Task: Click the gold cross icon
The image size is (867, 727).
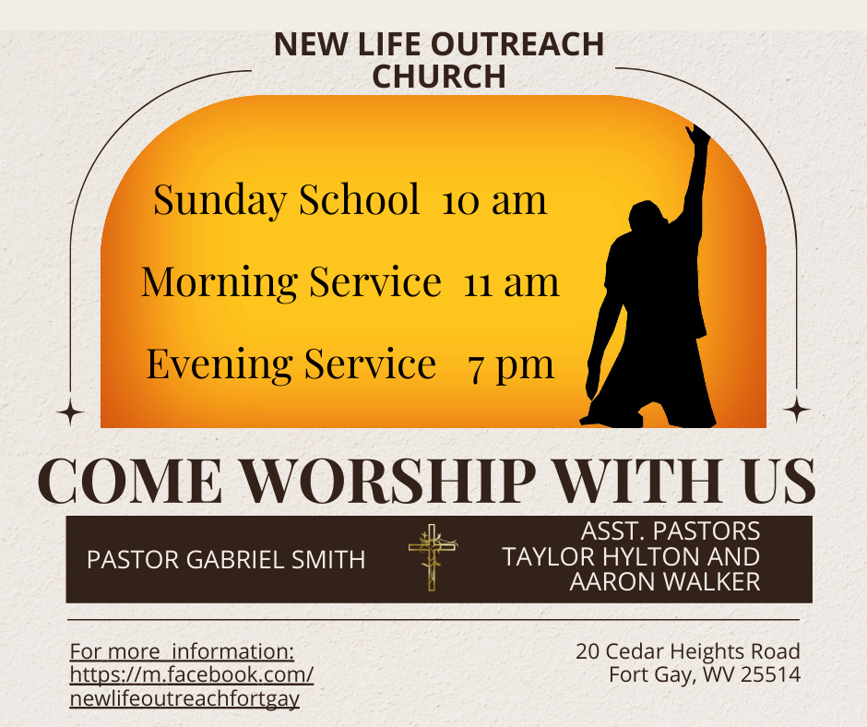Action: point(433,557)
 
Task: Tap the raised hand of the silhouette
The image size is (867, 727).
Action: point(698,135)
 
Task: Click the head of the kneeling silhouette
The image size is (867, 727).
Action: point(647,217)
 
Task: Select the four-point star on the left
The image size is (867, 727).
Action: point(70,412)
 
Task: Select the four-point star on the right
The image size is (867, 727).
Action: point(796,410)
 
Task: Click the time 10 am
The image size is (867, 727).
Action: point(494,200)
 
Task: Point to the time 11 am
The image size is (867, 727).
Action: point(512,282)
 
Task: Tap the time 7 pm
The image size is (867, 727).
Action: point(511,366)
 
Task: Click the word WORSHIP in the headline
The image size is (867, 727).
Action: point(389,481)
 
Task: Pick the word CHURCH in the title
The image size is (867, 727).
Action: point(439,77)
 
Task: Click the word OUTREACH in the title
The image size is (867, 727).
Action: point(509,44)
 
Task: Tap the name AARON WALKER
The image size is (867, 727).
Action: point(665,582)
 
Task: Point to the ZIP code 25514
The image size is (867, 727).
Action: point(771,674)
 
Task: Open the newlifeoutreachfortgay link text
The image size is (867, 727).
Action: point(184,698)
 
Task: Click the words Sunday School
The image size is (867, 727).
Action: point(287,200)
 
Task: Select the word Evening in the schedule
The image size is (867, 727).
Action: point(220,365)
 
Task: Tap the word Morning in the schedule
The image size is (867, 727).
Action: point(220,282)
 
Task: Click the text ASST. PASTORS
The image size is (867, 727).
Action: point(671,531)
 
